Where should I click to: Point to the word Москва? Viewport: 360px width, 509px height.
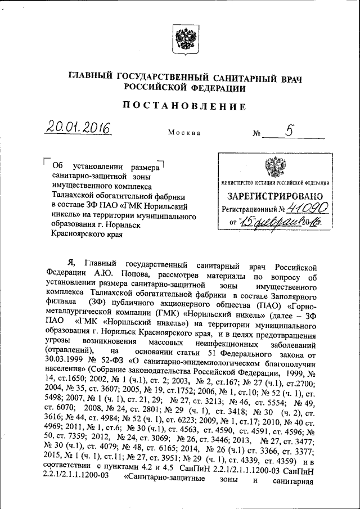[183, 133]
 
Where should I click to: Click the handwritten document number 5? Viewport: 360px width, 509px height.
[289, 130]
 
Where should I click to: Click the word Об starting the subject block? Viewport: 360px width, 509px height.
[57, 166]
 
